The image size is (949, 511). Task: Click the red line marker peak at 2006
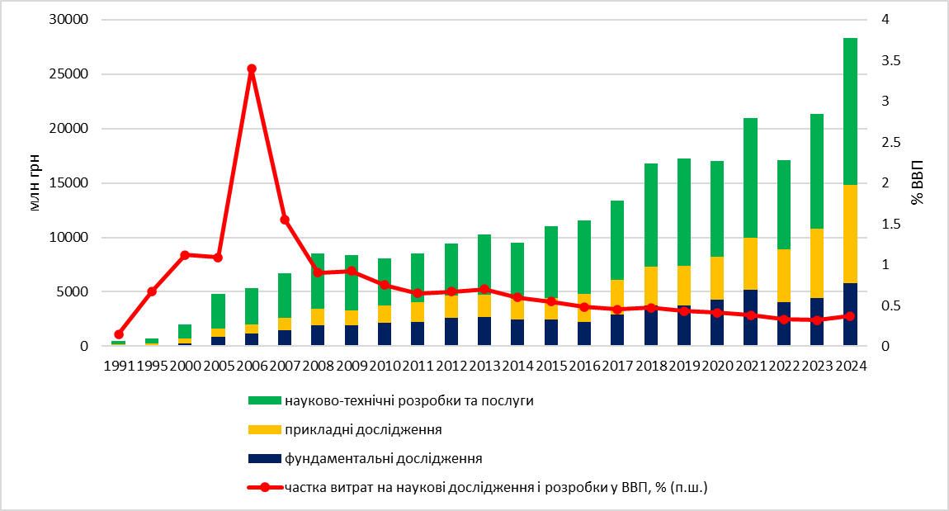click(x=252, y=69)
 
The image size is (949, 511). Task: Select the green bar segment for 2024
click(x=850, y=111)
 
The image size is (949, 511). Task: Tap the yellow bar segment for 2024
click(x=850, y=234)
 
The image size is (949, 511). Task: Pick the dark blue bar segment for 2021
click(x=750, y=318)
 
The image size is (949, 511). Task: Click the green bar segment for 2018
click(x=651, y=215)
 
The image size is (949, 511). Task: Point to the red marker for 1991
click(x=119, y=334)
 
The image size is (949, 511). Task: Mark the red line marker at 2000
click(x=185, y=255)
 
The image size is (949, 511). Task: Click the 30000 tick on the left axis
click(x=70, y=20)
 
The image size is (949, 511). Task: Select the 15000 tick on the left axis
click(x=70, y=183)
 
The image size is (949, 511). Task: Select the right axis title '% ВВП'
click(x=918, y=183)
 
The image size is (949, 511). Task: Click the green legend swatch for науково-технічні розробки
click(x=264, y=401)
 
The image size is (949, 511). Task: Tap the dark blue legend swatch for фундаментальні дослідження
click(x=264, y=458)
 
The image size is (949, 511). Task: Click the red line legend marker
click(x=264, y=487)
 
